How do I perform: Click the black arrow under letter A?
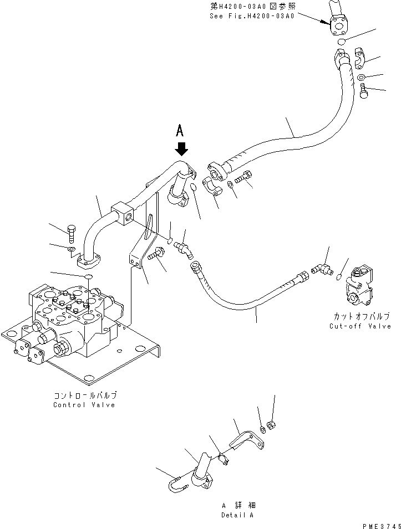[x=182, y=149]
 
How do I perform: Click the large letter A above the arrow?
[x=180, y=130]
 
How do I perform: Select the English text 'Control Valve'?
[x=84, y=405]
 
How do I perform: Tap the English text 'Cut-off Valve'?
[x=360, y=326]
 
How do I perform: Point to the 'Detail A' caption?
[x=237, y=515]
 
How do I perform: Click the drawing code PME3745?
[x=382, y=526]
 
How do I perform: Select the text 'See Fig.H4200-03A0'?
[x=252, y=16]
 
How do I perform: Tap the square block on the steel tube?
[x=122, y=213]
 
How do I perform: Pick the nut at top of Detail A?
[x=271, y=425]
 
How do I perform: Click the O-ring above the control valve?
[x=88, y=276]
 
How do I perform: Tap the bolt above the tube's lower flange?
[x=71, y=233]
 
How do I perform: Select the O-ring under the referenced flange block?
[x=342, y=42]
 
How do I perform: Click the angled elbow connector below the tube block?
[x=182, y=250]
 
